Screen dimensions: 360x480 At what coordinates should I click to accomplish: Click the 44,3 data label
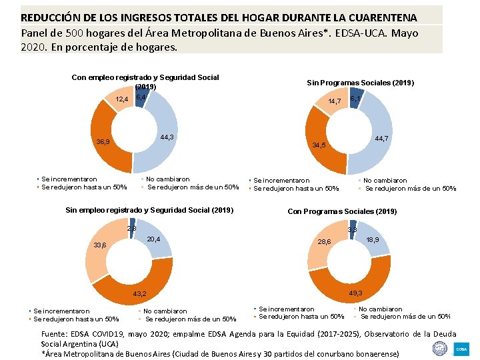point(167,137)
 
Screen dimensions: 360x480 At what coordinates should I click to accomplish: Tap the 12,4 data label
point(122,99)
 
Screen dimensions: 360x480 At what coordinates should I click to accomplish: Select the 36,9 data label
point(103,141)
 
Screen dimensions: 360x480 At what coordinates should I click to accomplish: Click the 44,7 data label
point(382,138)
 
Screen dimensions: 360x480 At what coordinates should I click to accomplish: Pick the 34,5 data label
point(319,145)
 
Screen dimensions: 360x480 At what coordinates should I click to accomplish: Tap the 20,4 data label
point(153,239)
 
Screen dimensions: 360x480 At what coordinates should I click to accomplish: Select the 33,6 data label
point(100,245)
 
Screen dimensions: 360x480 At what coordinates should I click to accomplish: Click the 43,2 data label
point(139,293)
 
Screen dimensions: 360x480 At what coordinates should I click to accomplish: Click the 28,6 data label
point(325,241)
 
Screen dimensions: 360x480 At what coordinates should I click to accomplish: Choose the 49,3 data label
point(355,293)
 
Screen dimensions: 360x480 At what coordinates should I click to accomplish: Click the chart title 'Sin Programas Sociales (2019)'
point(360,83)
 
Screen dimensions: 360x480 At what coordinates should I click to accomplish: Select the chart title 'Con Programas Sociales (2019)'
point(342,211)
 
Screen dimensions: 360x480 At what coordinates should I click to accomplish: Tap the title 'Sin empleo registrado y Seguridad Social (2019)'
point(149,210)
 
